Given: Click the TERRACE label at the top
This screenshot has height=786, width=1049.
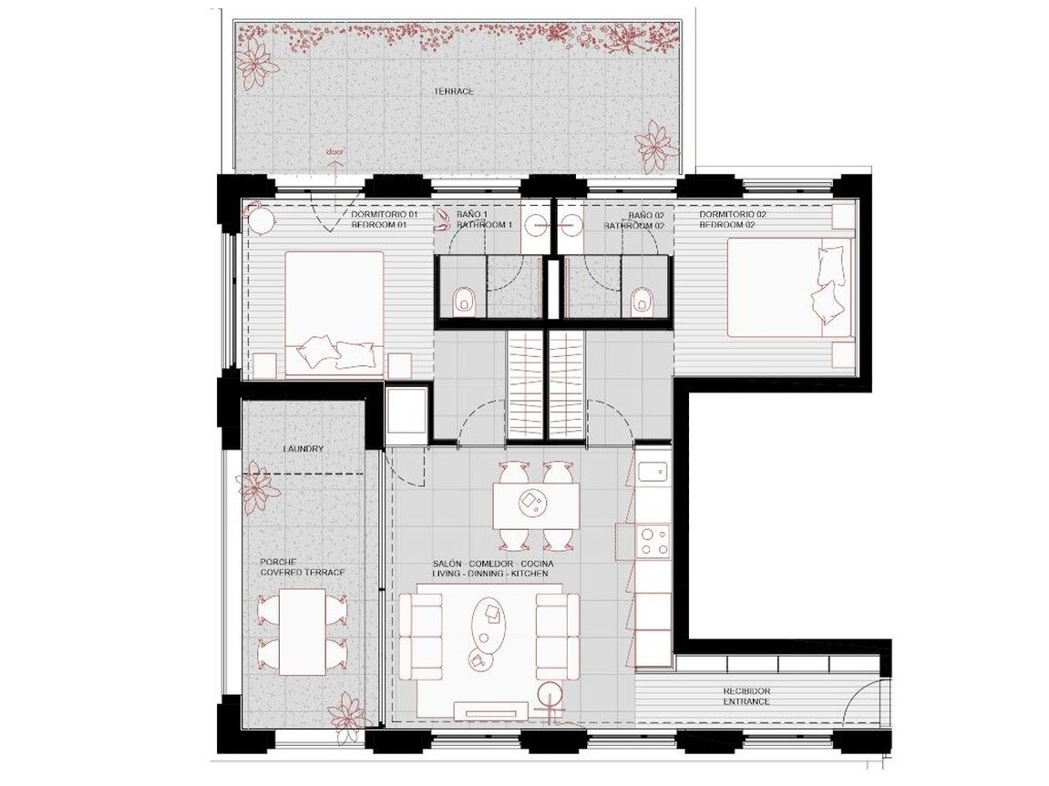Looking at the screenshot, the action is pyautogui.click(x=454, y=91).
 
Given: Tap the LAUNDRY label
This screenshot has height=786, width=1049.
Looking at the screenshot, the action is pyautogui.click(x=303, y=449).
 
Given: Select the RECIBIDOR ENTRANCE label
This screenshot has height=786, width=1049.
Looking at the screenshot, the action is pyautogui.click(x=746, y=697).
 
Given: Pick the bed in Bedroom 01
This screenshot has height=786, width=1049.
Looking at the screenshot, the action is pyautogui.click(x=334, y=312).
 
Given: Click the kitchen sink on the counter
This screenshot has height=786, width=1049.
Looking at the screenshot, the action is pyautogui.click(x=653, y=472).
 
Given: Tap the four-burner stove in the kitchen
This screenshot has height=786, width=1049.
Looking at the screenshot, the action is pyautogui.click(x=653, y=541).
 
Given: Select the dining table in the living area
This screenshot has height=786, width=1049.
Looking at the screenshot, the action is pyautogui.click(x=537, y=505).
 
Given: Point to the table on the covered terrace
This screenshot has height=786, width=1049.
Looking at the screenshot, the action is pyautogui.click(x=303, y=631).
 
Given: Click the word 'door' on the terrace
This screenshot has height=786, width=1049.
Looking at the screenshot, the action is pyautogui.click(x=334, y=152).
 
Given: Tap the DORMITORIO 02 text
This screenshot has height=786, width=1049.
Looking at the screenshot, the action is pyautogui.click(x=733, y=215).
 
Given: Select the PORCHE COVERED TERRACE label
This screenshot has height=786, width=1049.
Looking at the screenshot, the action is pyautogui.click(x=303, y=568).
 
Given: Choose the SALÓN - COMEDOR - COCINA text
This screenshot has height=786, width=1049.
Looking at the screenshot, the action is pyautogui.click(x=493, y=564).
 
